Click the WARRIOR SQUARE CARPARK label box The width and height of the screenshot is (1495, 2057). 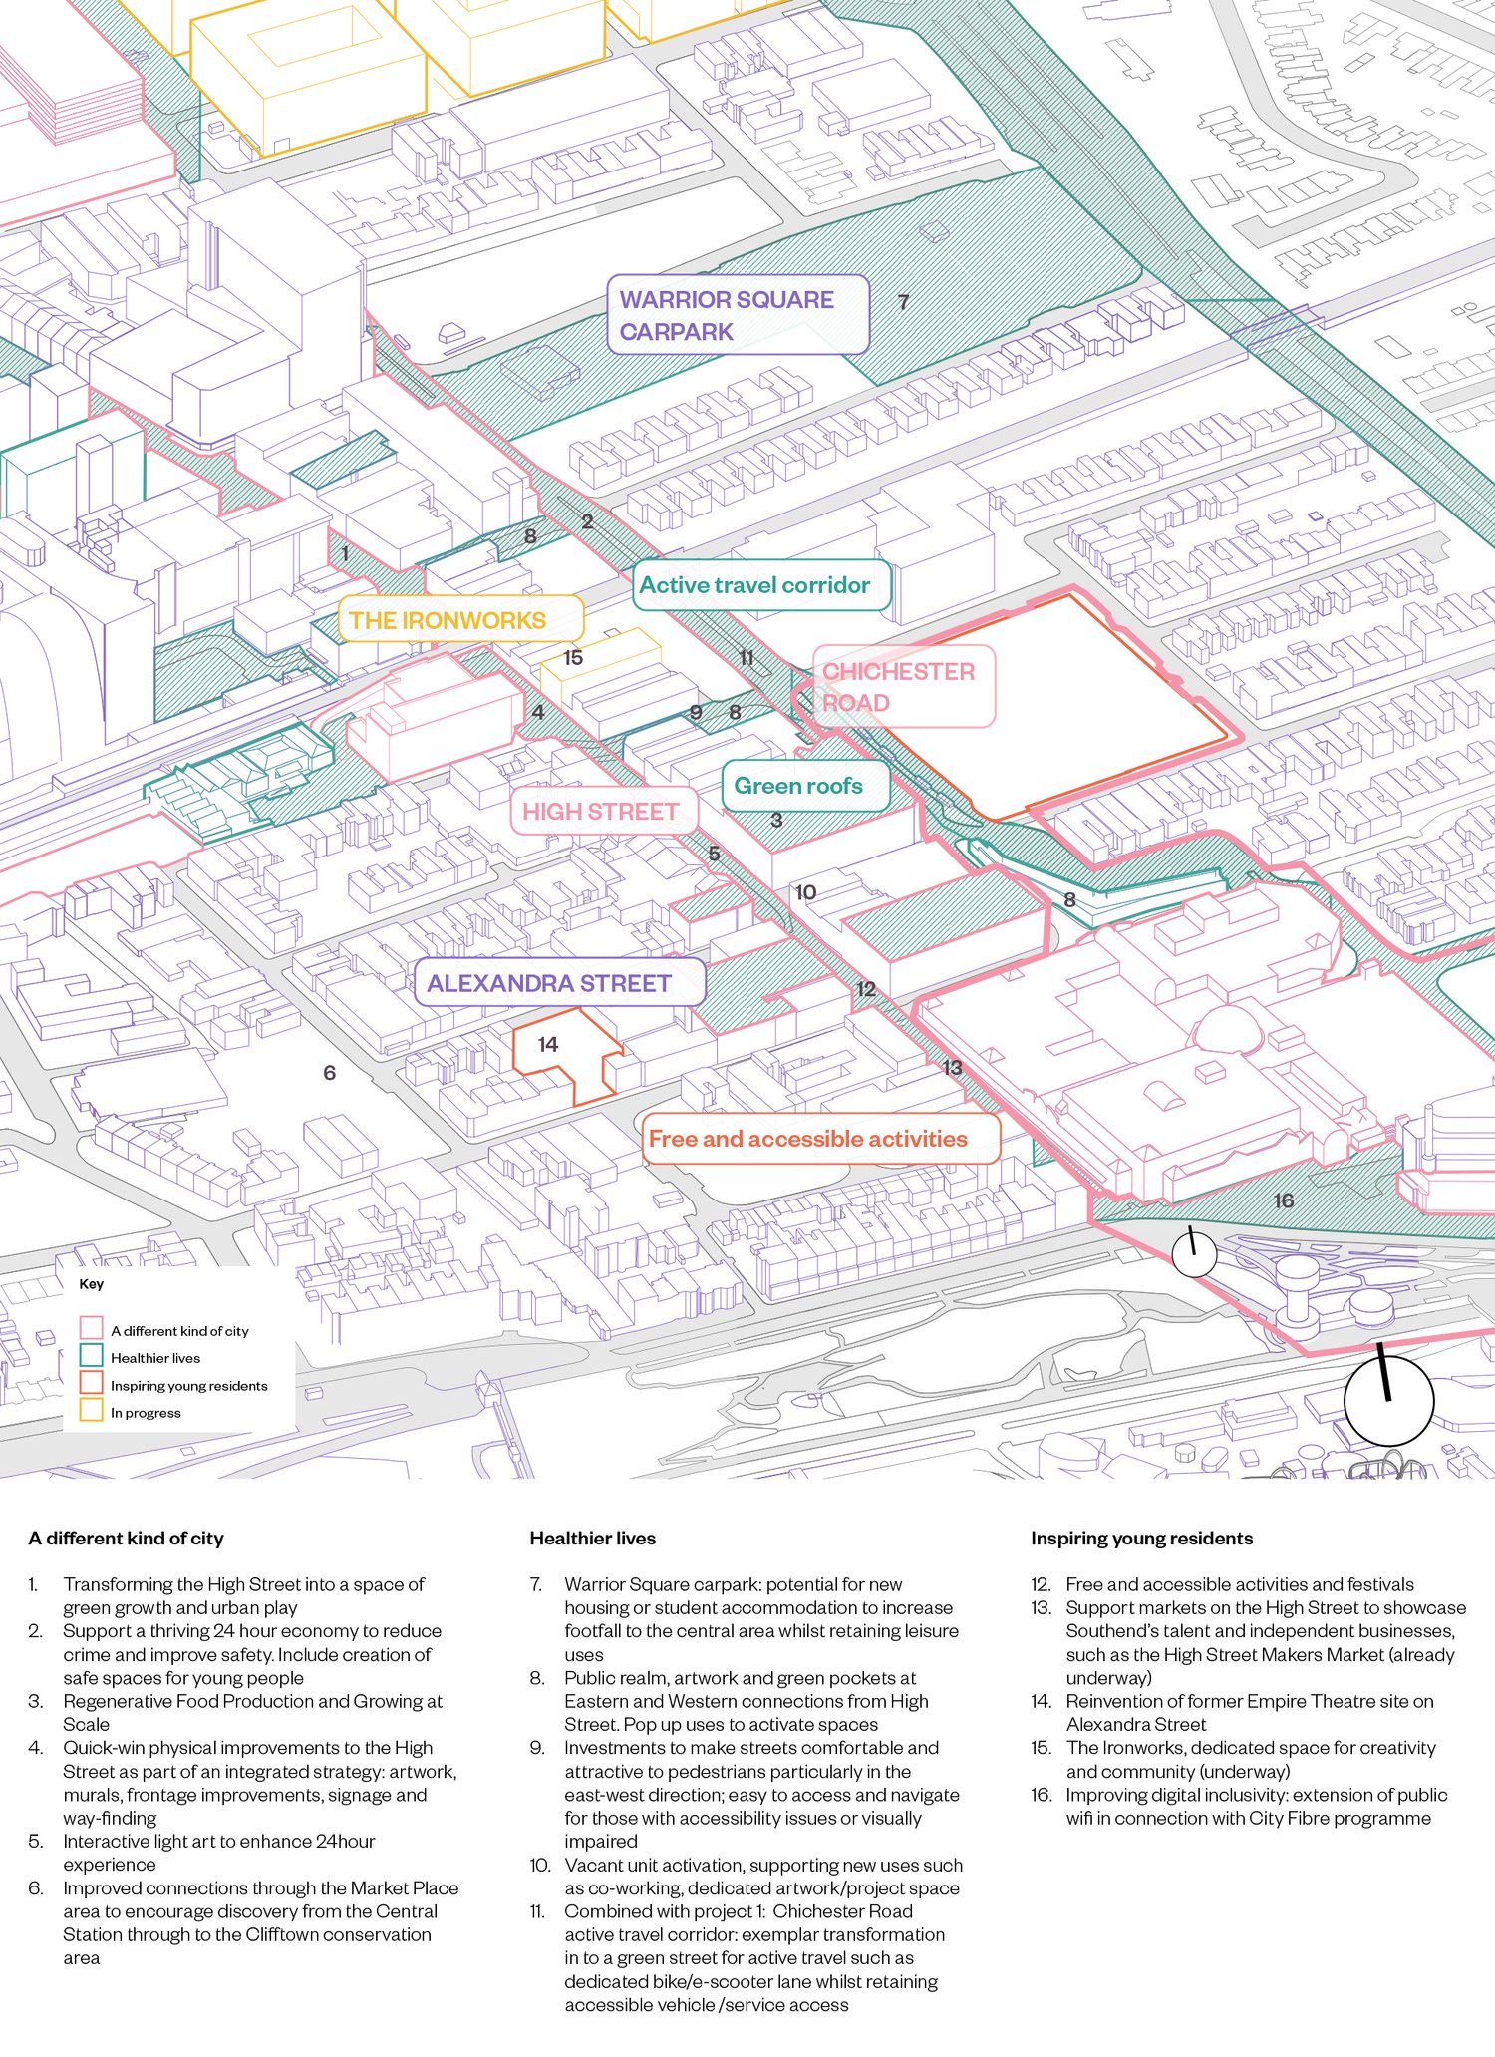(x=738, y=315)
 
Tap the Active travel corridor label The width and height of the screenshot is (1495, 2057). (x=761, y=585)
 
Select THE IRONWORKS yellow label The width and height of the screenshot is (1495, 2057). (x=459, y=620)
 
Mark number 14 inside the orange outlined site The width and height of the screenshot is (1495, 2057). (x=548, y=1044)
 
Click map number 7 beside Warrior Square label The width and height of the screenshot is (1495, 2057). (x=903, y=302)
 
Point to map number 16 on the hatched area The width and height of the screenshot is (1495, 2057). (x=1284, y=1200)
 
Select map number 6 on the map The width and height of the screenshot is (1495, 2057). (x=330, y=1073)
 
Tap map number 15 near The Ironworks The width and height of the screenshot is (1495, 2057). (x=573, y=658)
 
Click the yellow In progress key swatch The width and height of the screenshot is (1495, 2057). (x=92, y=1411)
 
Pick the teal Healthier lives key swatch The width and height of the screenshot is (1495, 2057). (x=92, y=1356)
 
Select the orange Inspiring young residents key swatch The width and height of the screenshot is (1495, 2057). (x=92, y=1384)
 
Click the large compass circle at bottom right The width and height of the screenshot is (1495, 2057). (x=1388, y=1400)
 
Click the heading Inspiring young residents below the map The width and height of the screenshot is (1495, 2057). (x=1141, y=1538)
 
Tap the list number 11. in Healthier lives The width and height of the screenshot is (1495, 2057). (x=538, y=1910)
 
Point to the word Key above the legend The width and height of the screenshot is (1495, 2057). (x=92, y=1283)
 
